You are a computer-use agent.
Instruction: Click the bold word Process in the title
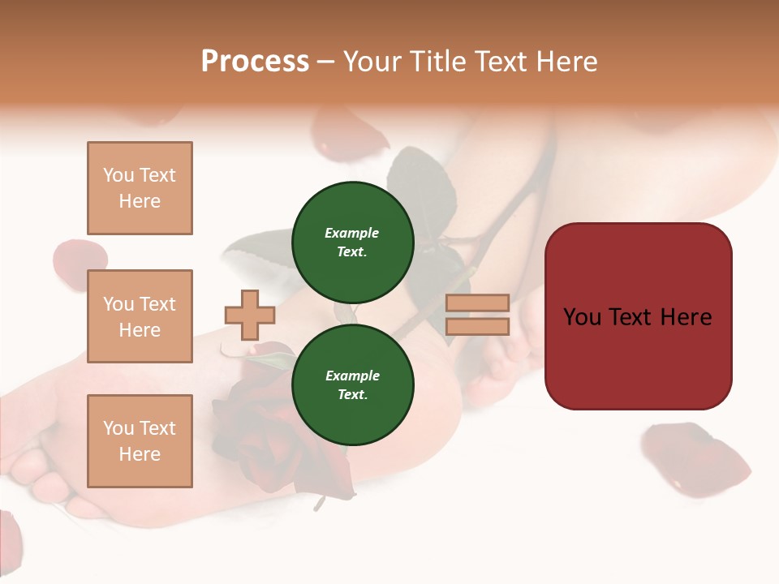pos(255,62)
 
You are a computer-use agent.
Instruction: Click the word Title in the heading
pos(437,62)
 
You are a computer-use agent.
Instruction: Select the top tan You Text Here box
pos(140,188)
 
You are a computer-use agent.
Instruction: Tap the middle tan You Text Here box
pos(140,316)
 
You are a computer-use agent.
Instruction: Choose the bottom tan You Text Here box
pos(140,440)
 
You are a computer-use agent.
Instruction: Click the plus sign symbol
pos(250,315)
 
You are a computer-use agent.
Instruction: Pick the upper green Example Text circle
pos(352,242)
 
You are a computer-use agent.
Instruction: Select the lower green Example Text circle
pos(352,384)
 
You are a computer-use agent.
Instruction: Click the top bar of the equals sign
pos(477,303)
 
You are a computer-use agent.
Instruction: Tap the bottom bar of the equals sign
pos(477,326)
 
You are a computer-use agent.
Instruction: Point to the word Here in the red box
pos(686,316)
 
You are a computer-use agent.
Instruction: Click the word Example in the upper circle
pos(352,233)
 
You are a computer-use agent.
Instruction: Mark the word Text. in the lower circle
pos(352,395)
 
